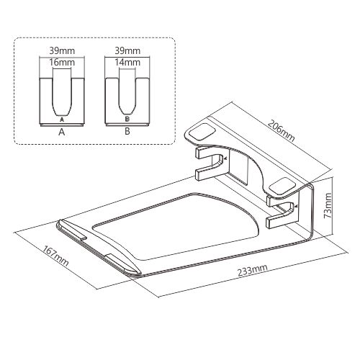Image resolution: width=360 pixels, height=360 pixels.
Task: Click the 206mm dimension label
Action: pos(281,130)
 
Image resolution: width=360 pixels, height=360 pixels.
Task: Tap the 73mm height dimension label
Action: pos(328,205)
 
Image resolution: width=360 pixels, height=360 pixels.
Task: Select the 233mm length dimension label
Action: pos(252,270)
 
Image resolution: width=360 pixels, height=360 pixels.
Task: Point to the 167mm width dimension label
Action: pos(55,256)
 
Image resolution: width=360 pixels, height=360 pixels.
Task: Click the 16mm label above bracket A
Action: pos(62,63)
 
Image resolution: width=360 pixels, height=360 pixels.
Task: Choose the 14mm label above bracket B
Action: pos(127,63)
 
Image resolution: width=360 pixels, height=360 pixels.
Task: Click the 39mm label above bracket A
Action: pos(62,51)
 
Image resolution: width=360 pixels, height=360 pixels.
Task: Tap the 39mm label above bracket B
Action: pos(127,50)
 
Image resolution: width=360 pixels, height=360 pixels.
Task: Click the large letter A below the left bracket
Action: pos(62,132)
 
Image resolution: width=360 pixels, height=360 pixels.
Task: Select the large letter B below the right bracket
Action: pos(127,131)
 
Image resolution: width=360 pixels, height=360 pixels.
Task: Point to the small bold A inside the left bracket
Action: pos(62,119)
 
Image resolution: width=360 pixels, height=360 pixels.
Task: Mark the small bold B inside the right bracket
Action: pos(127,119)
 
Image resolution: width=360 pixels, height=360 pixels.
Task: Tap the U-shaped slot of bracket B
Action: pos(127,94)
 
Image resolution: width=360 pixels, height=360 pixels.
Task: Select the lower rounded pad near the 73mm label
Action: pos(282,185)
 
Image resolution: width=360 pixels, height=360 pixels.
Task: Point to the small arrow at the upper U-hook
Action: pos(225,158)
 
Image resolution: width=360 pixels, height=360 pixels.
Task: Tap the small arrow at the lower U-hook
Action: pos(296,206)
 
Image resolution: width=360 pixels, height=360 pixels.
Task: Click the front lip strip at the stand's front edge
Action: pos(99,247)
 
